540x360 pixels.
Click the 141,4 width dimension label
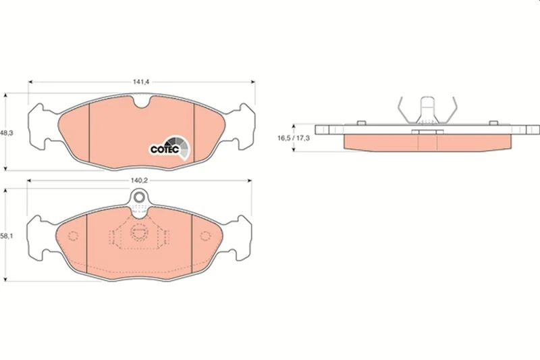pyautogui.click(x=141, y=82)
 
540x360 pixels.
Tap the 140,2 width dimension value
pyautogui.click(x=139, y=180)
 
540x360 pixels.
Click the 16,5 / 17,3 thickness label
pyautogui.click(x=294, y=138)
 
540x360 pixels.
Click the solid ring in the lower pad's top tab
pyautogui.click(x=139, y=197)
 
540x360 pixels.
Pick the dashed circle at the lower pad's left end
pyautogui.click(x=73, y=236)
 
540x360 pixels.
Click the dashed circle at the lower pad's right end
pyautogui.click(x=205, y=236)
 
